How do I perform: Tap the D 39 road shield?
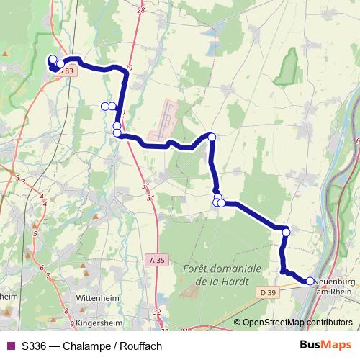coord(268,292)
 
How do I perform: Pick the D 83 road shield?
coord(66,71)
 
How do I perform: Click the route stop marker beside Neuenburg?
coord(310,282)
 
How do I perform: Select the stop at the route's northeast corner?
coord(212,137)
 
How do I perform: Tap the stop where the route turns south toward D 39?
coord(286,232)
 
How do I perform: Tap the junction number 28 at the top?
coord(140,10)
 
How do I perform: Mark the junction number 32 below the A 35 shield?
coord(158,312)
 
